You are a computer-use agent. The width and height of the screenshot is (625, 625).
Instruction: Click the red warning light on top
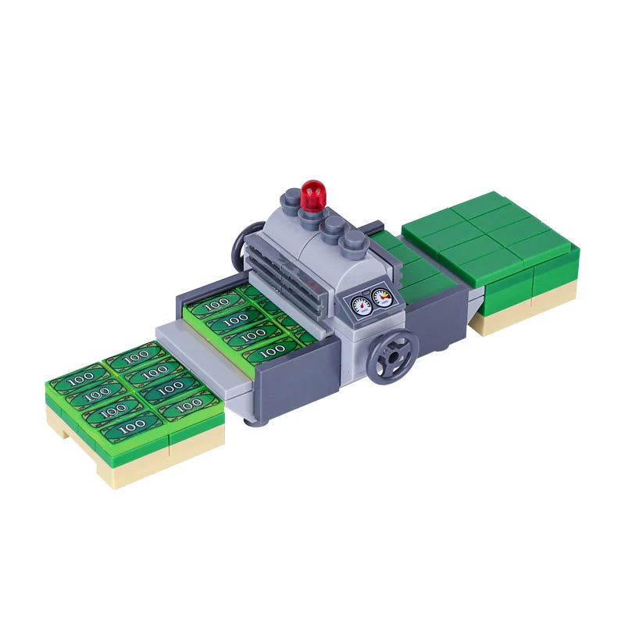313,195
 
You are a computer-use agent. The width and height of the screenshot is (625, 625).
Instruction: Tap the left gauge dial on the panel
361,305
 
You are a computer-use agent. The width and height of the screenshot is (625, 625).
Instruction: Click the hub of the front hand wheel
392,357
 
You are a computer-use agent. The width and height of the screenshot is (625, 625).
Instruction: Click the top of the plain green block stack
491,235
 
